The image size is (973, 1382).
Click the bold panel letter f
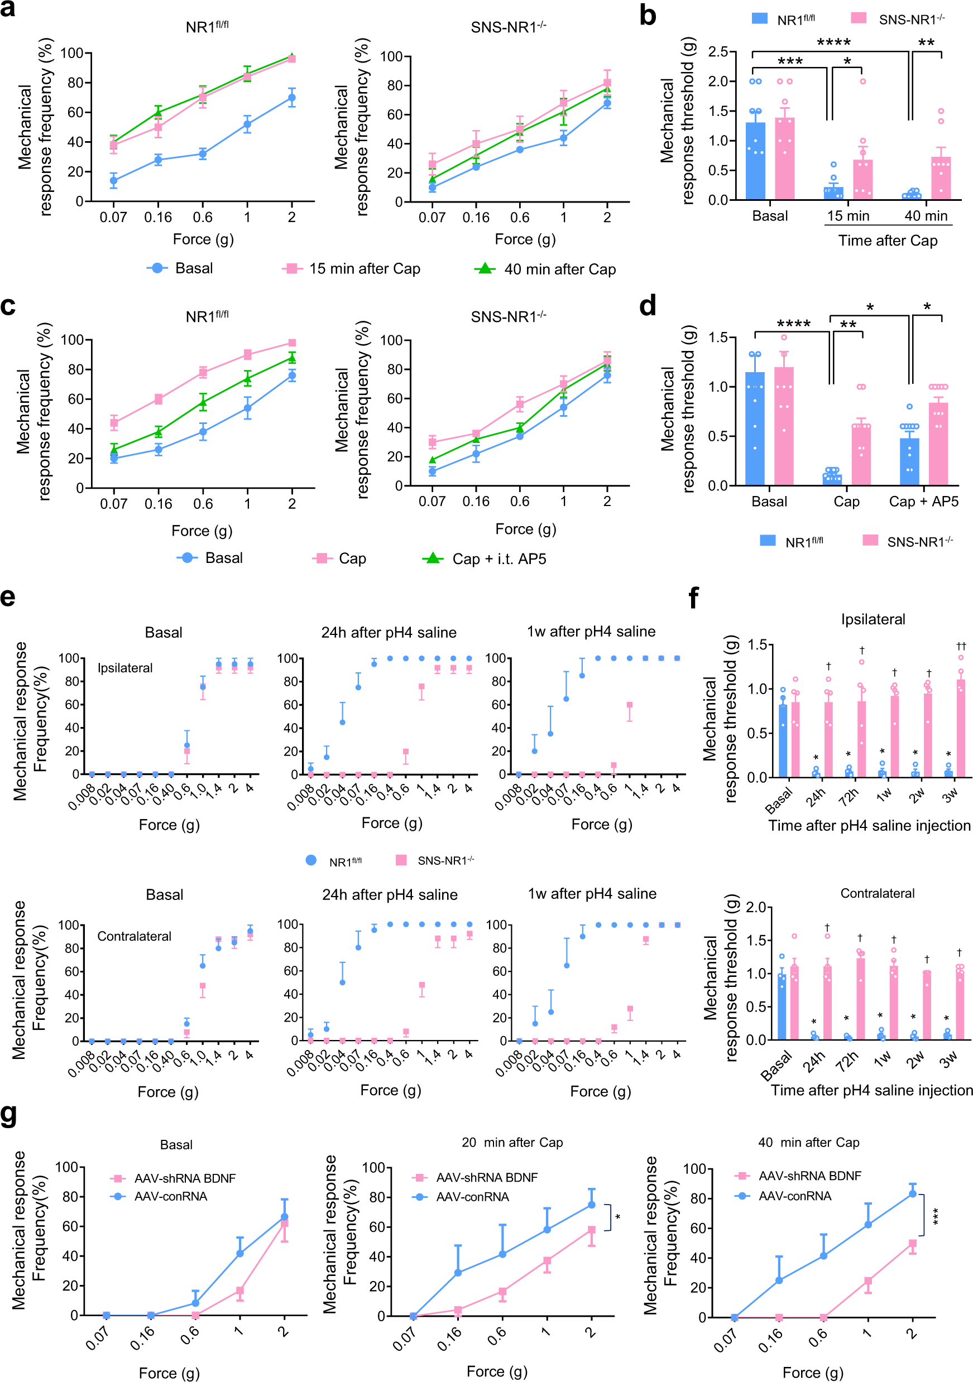[x=694, y=598]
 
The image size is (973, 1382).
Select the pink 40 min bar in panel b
[x=941, y=178]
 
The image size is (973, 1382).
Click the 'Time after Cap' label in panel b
[x=888, y=241]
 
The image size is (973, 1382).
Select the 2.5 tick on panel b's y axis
[x=718, y=52]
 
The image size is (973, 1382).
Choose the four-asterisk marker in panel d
[x=793, y=324]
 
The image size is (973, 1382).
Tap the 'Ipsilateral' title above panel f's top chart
[x=873, y=619]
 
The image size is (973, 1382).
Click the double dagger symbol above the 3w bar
[x=961, y=647]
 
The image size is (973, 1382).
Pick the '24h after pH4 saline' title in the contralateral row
[x=390, y=894]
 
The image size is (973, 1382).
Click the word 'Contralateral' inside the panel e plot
[x=135, y=936]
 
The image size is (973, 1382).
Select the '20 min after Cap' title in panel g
[x=512, y=1143]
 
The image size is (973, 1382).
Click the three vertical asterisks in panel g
[x=936, y=1216]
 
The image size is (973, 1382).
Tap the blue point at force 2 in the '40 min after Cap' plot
[x=913, y=1193]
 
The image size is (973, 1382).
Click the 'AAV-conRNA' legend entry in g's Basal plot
[x=170, y=1196]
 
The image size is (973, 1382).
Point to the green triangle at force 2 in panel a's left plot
[x=291, y=57]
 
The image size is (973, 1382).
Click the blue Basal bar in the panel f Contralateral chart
[x=782, y=1007]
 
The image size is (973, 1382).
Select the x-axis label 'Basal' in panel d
[x=769, y=502]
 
